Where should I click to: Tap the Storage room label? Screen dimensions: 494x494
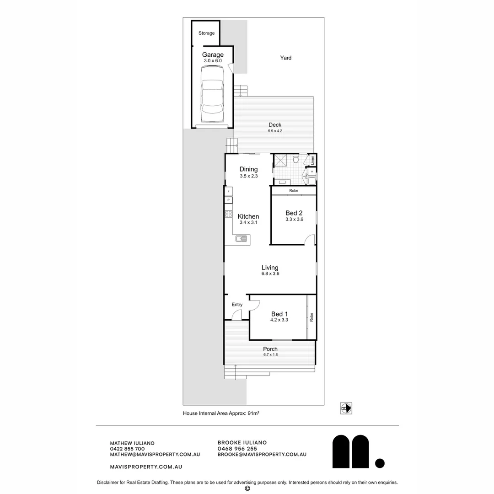pyautogui.click(x=206, y=33)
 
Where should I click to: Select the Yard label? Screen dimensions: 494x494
pyautogui.click(x=286, y=58)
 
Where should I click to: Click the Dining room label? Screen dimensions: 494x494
pyautogui.click(x=248, y=169)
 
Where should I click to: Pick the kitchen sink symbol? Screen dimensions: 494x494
pyautogui.click(x=241, y=238)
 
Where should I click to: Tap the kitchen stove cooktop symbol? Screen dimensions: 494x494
pyautogui.click(x=228, y=214)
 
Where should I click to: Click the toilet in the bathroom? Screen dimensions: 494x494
pyautogui.click(x=295, y=160)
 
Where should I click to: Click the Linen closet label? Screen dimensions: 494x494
pyautogui.click(x=312, y=160)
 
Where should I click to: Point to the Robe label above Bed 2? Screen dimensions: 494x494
pyautogui.click(x=294, y=190)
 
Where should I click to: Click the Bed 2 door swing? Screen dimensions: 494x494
pyautogui.click(x=310, y=239)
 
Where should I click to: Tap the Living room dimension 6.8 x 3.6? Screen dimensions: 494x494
pyautogui.click(x=270, y=274)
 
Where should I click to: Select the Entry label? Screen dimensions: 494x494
pyautogui.click(x=237, y=305)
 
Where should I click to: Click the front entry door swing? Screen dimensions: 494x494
pyautogui.click(x=236, y=315)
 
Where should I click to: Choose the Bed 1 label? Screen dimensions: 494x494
pyautogui.click(x=279, y=314)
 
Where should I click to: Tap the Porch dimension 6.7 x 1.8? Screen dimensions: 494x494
pyautogui.click(x=270, y=355)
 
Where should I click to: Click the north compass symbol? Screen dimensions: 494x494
pyautogui.click(x=346, y=408)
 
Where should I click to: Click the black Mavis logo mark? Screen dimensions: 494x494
pyautogui.click(x=351, y=451)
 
